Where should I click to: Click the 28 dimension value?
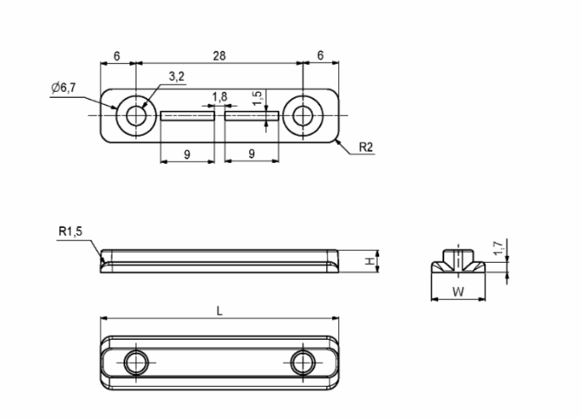(x=219, y=56)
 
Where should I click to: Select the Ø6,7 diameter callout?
(x=63, y=88)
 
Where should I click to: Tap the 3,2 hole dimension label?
(x=176, y=76)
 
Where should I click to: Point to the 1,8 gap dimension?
(x=219, y=97)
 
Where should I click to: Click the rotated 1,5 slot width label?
(x=258, y=98)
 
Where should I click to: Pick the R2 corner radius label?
(x=366, y=147)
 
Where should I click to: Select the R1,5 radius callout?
(x=70, y=232)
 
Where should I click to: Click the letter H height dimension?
(x=369, y=261)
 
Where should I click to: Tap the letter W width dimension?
(x=459, y=292)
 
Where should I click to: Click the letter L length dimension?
(x=219, y=311)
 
